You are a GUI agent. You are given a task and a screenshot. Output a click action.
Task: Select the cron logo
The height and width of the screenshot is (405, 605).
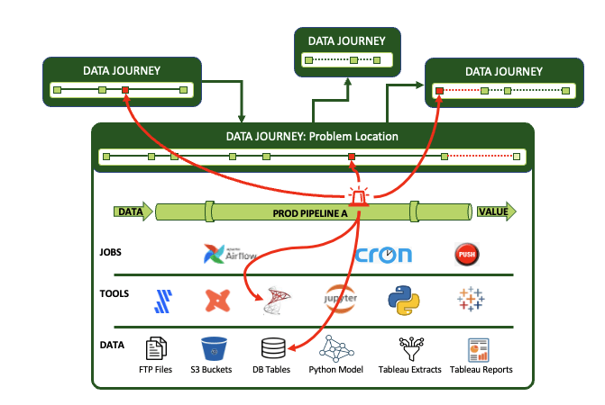click(x=384, y=255)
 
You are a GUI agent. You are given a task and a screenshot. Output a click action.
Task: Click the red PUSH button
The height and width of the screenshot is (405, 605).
click(x=466, y=255)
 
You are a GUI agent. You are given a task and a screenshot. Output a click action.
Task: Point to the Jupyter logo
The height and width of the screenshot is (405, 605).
click(x=340, y=300)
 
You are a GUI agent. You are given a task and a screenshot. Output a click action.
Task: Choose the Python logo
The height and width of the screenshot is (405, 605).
click(x=404, y=301)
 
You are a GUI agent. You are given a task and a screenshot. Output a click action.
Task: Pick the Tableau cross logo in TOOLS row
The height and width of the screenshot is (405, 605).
click(x=468, y=301)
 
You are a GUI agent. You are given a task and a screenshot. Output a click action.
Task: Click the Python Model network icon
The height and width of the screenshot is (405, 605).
click(x=335, y=347)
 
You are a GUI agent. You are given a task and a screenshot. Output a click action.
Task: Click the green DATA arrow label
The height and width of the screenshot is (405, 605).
click(x=133, y=212)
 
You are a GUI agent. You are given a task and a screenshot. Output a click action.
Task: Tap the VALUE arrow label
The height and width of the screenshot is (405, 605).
click(x=494, y=212)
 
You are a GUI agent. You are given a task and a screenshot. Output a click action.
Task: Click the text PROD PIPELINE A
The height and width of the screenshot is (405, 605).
click(x=311, y=213)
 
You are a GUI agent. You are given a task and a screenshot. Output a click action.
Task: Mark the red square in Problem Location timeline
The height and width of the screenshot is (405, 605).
click(x=352, y=157)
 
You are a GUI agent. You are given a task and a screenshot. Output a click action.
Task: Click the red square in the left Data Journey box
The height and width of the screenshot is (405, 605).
click(x=125, y=90)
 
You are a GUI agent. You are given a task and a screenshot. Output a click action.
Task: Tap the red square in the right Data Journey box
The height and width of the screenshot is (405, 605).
click(x=439, y=91)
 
